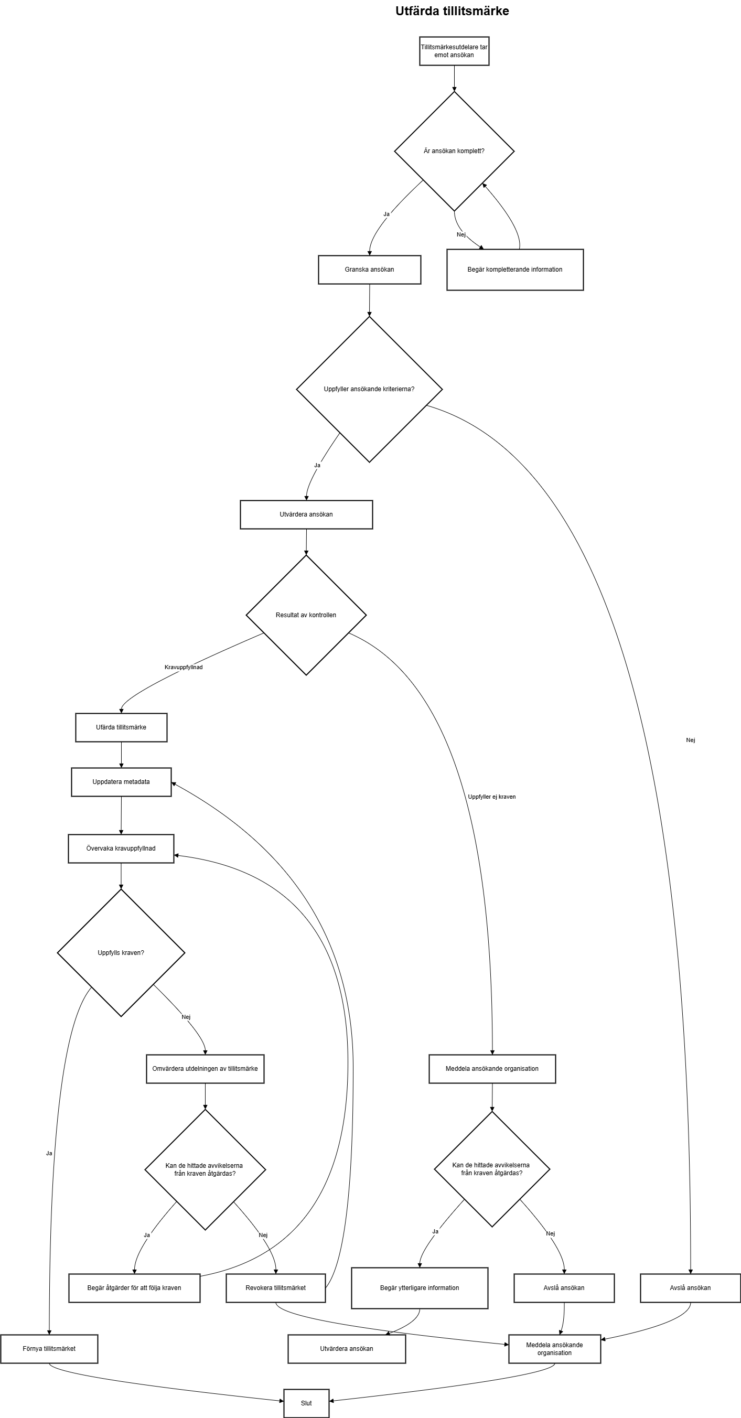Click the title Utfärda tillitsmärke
[x=452, y=11]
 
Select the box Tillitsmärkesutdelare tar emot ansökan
[x=454, y=51]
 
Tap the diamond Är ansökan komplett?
[x=454, y=151]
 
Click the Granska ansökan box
[x=369, y=270]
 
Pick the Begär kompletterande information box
[x=515, y=270]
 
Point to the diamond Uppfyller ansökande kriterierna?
[x=369, y=389]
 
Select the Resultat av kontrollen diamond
[x=306, y=615]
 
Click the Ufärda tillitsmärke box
[x=121, y=727]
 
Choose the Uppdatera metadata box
[x=121, y=782]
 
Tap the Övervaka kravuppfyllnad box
[x=121, y=848]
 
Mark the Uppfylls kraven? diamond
[x=121, y=953]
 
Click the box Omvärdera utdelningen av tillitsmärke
[x=206, y=1068]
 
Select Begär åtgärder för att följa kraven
[x=134, y=1287]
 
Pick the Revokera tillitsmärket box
[x=276, y=1287]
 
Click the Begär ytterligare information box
[x=420, y=1287]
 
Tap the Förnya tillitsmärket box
[x=49, y=1349]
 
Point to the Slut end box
[x=307, y=1403]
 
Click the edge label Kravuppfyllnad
[x=184, y=667]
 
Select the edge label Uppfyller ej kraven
[x=491, y=797]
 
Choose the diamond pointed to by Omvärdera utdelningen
[x=206, y=1169]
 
